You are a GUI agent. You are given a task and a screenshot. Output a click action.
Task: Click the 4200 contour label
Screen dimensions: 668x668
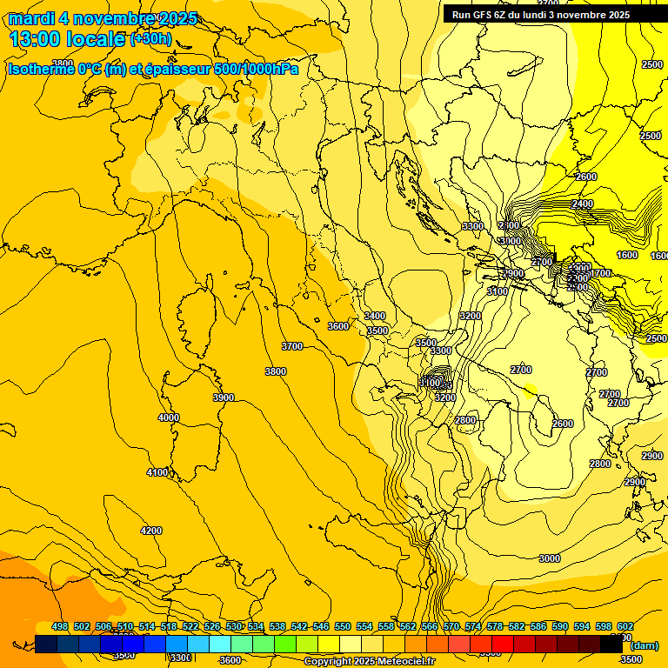click(x=151, y=531)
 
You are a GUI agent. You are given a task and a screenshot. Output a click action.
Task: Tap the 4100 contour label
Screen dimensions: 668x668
click(x=157, y=472)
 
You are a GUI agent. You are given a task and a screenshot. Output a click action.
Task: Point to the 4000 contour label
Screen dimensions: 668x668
click(x=169, y=417)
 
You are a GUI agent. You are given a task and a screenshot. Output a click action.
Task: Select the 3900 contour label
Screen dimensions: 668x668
click(x=224, y=397)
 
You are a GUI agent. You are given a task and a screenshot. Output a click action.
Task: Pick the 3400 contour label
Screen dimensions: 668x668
click(x=375, y=316)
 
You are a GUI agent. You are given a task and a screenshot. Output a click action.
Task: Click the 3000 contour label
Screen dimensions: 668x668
click(x=550, y=558)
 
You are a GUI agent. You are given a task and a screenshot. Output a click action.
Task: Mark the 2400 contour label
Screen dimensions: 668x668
click(x=583, y=204)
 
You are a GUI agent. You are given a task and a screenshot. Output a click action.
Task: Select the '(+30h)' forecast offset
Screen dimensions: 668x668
click(x=150, y=39)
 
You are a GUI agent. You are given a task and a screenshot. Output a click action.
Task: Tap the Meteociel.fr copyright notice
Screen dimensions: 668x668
click(x=370, y=662)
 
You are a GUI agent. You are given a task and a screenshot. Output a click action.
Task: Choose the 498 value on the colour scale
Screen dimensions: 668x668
click(x=60, y=626)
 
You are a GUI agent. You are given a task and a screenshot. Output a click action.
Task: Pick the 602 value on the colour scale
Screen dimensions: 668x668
click(x=625, y=626)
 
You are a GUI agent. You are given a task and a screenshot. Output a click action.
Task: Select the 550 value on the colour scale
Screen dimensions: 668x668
click(x=343, y=626)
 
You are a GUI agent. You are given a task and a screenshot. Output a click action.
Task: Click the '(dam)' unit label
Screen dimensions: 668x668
click(x=644, y=645)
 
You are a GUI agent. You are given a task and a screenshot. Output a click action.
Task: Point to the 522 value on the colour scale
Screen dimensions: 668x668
click(x=190, y=626)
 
